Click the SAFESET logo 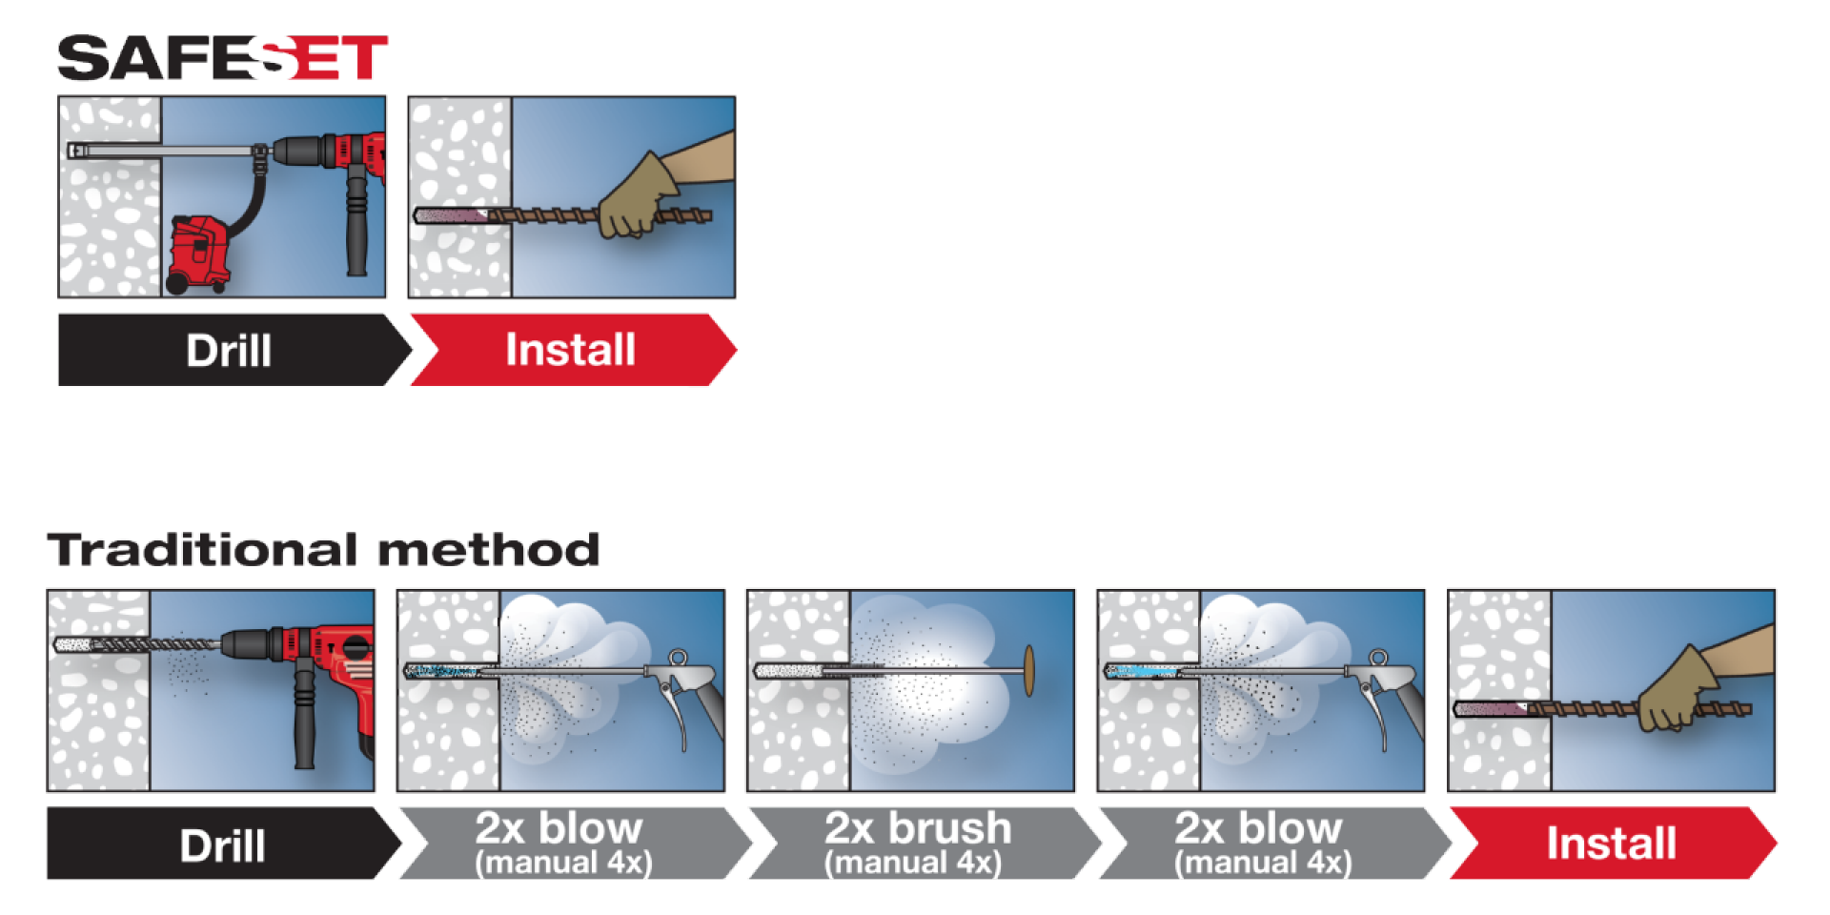click(x=222, y=58)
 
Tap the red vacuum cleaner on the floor click(x=200, y=254)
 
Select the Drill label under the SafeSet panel click(x=228, y=350)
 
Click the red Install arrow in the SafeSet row click(x=570, y=350)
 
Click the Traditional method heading click(x=323, y=550)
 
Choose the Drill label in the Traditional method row click(x=222, y=844)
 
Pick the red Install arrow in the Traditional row click(x=1611, y=843)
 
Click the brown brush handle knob click(x=1029, y=671)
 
